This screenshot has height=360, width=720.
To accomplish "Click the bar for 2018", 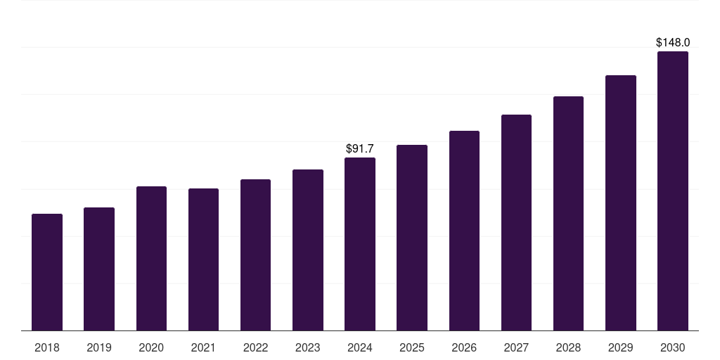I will (47, 272).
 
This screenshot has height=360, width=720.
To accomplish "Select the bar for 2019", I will (99, 269).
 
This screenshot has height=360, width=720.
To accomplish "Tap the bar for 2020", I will (151, 258).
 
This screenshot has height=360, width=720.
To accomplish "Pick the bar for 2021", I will (203, 259).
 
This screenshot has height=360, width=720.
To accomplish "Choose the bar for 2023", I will (308, 250).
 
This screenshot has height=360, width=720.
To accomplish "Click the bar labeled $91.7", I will (360, 244).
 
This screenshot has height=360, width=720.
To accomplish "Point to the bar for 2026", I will (464, 231).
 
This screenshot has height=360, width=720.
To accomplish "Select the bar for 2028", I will (568, 213).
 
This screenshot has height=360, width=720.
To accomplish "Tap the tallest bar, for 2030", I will (673, 191).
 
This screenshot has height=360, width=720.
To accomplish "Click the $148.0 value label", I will (673, 43).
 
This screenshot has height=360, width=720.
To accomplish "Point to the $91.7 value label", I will (360, 148).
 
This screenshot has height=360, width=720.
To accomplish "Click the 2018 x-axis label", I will (47, 347).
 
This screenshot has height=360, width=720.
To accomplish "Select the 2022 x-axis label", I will (255, 347).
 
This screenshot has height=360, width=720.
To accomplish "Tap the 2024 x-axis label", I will (360, 347).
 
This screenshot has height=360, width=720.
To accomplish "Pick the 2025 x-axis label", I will (412, 347).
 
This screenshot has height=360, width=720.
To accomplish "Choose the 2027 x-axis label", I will (516, 347).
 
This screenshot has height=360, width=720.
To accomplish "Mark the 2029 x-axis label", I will (620, 347).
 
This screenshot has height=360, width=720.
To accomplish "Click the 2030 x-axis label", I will (673, 347).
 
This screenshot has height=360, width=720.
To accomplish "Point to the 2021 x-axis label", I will (203, 347).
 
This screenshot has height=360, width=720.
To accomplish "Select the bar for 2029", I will (620, 202).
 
